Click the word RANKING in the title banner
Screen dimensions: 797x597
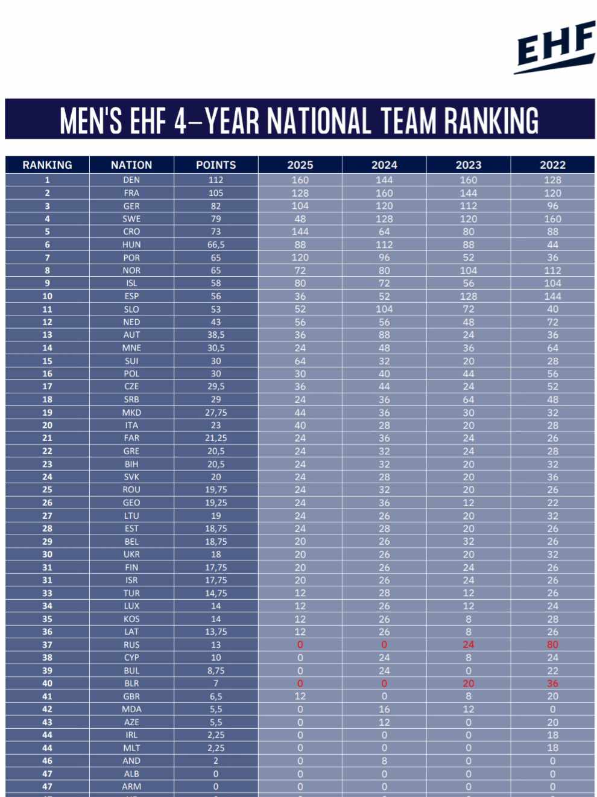click(x=491, y=121)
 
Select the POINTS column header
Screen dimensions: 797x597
click(x=216, y=165)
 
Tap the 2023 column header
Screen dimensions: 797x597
click(x=468, y=165)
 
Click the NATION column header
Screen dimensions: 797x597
click(x=131, y=165)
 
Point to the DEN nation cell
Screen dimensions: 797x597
click(x=131, y=180)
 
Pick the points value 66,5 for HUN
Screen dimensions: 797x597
click(x=216, y=244)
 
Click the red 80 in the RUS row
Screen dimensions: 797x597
click(x=552, y=644)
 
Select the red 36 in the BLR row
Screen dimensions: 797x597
click(x=552, y=684)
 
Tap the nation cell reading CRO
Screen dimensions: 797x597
click(x=131, y=232)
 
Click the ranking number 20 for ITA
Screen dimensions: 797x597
click(x=47, y=425)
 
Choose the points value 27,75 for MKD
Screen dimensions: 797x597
click(x=216, y=413)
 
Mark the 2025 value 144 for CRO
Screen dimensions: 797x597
click(x=300, y=232)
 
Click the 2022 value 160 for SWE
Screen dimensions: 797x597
click(x=552, y=219)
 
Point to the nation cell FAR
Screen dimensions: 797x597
click(x=131, y=438)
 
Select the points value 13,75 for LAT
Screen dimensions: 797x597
click(x=216, y=632)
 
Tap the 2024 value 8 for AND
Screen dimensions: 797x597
click(x=384, y=761)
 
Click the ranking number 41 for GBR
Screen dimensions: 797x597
click(x=47, y=696)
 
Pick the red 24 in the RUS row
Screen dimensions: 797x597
click(x=468, y=644)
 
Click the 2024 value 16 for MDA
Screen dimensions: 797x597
click(x=384, y=710)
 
